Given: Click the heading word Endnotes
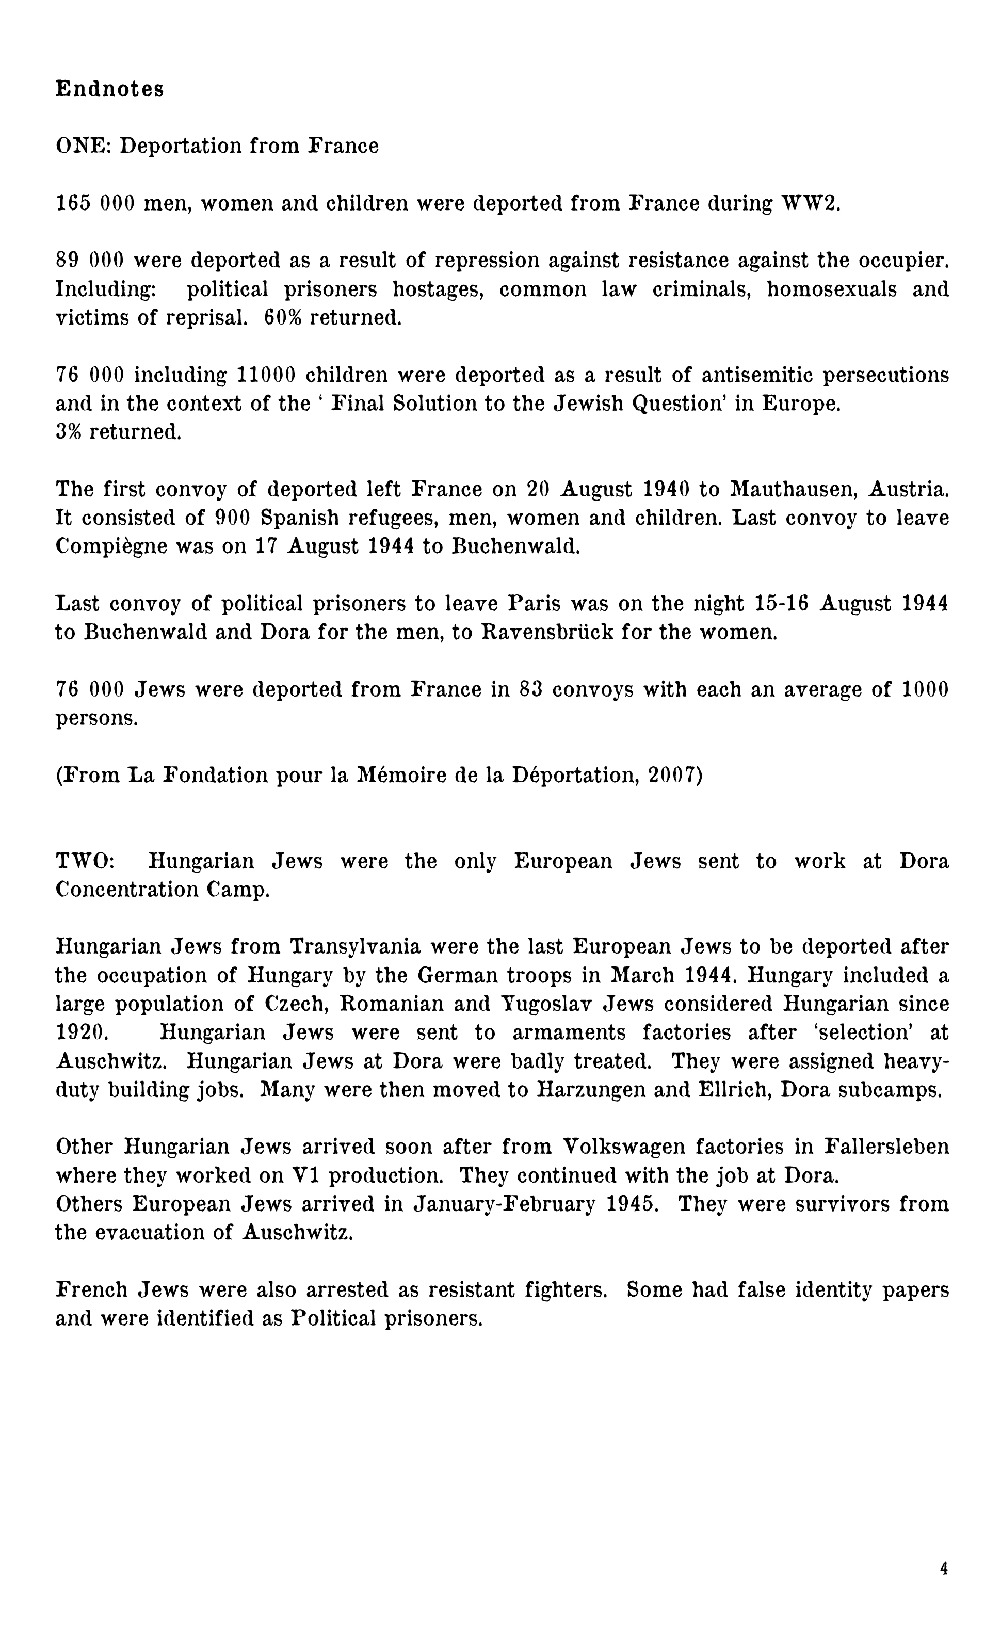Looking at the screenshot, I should click(109, 89).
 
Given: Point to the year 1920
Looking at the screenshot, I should click(79, 1032).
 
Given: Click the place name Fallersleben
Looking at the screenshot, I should click(886, 1147).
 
